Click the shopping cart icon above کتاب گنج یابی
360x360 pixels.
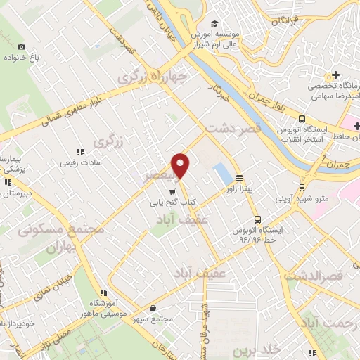click(172, 191)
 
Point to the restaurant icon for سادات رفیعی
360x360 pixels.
click(79, 151)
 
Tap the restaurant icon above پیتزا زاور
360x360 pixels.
click(240, 178)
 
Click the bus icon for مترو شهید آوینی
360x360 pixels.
click(302, 188)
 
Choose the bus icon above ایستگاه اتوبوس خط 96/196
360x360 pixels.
click(257, 219)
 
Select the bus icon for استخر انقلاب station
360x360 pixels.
click(301, 119)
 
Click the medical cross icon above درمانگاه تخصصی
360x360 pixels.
click(336, 75)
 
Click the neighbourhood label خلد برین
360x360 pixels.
click(269, 349)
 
